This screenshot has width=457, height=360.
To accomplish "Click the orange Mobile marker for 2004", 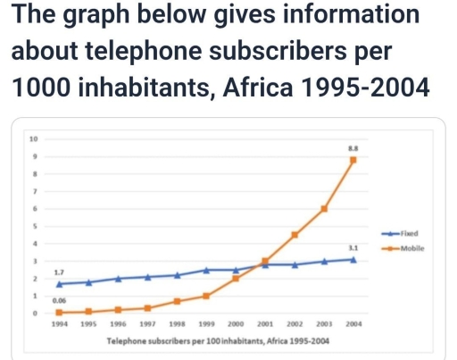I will click(x=353, y=160).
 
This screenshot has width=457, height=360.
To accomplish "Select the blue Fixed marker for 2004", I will click(x=353, y=259).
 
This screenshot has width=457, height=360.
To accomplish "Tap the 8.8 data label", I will click(x=353, y=146).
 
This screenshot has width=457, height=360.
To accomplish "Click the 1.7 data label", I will click(x=59, y=271).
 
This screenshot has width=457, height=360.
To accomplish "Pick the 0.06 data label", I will click(x=59, y=301).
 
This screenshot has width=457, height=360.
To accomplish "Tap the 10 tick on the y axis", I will click(x=34, y=138).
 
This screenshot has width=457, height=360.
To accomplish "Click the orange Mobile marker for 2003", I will click(x=324, y=208).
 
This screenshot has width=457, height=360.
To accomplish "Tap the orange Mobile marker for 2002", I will click(x=295, y=234).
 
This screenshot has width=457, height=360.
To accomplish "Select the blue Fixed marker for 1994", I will click(x=59, y=283).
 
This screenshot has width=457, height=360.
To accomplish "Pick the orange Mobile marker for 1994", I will click(x=59, y=312).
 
